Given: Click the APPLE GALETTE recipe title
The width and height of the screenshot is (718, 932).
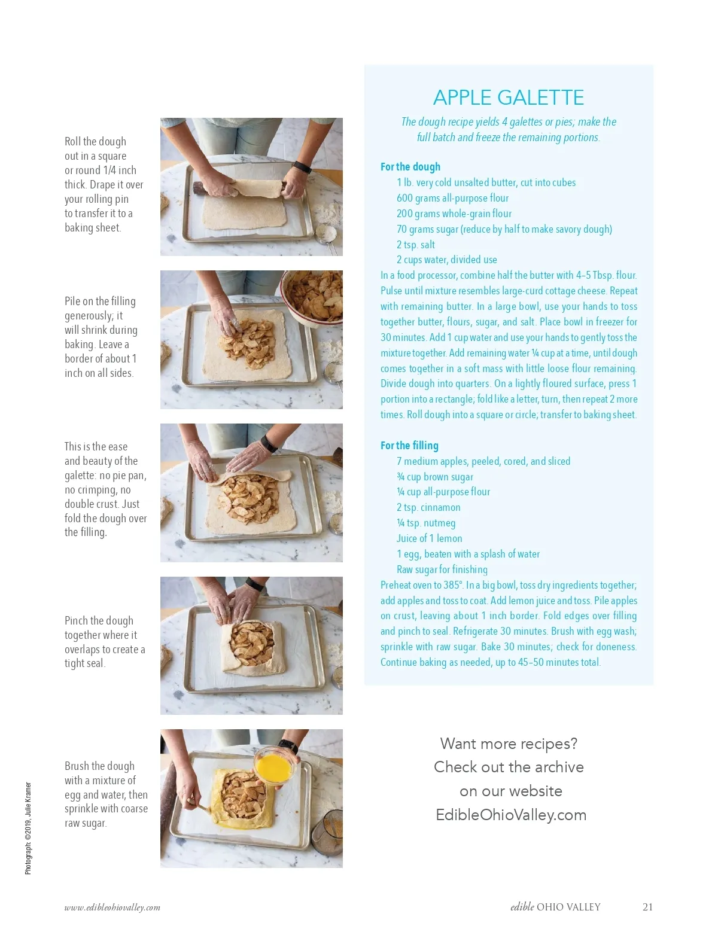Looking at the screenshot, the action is tap(508, 98).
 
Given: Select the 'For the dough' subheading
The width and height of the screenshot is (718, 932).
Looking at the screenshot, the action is tap(410, 166).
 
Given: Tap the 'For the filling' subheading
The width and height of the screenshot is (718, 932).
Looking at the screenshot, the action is tap(409, 445).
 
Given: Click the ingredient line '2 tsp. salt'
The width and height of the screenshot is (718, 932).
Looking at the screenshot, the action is tap(415, 245).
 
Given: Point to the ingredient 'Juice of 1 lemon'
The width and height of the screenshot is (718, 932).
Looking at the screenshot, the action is tap(429, 538).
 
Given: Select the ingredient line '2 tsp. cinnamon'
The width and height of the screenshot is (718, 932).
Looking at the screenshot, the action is tap(428, 507).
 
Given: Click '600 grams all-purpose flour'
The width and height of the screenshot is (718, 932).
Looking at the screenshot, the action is tap(452, 198).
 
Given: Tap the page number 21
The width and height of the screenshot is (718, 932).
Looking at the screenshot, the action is tap(647, 907).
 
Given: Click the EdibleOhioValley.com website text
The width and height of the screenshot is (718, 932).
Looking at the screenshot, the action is tap(511, 815).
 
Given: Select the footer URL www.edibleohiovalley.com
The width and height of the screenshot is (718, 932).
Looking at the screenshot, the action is tap(112, 907).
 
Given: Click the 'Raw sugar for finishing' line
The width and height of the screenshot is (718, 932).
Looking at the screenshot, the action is tap(442, 569).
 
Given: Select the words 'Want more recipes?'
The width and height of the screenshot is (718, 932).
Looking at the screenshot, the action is tap(509, 744).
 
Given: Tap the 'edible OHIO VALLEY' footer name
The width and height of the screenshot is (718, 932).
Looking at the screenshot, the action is tap(555, 907).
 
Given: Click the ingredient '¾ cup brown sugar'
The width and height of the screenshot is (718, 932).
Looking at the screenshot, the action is tap(435, 477).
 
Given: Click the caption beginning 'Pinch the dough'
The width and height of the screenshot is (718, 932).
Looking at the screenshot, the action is tap(105, 642).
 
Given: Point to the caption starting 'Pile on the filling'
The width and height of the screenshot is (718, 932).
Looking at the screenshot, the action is tap(101, 337).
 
